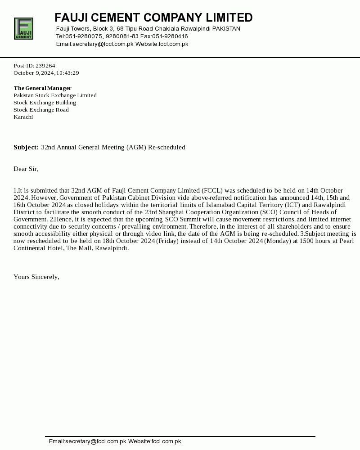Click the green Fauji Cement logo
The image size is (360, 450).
pyautogui.click(x=23, y=28)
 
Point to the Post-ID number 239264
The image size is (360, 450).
pyautogui.click(x=45, y=66)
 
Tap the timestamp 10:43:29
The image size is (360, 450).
pyautogui.click(x=67, y=73)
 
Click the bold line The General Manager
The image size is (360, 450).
pyautogui.click(x=42, y=88)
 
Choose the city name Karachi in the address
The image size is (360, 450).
pyautogui.click(x=23, y=117)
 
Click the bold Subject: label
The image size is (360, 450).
pyautogui.click(x=26, y=147)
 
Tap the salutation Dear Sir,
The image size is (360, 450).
pyautogui.click(x=26, y=169)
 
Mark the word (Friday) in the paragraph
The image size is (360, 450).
pyautogui.click(x=167, y=241)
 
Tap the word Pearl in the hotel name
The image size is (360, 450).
pyautogui.click(x=346, y=241)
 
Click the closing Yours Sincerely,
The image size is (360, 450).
pyautogui.click(x=36, y=277)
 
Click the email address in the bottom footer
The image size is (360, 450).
pyautogui.click(x=87, y=441)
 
